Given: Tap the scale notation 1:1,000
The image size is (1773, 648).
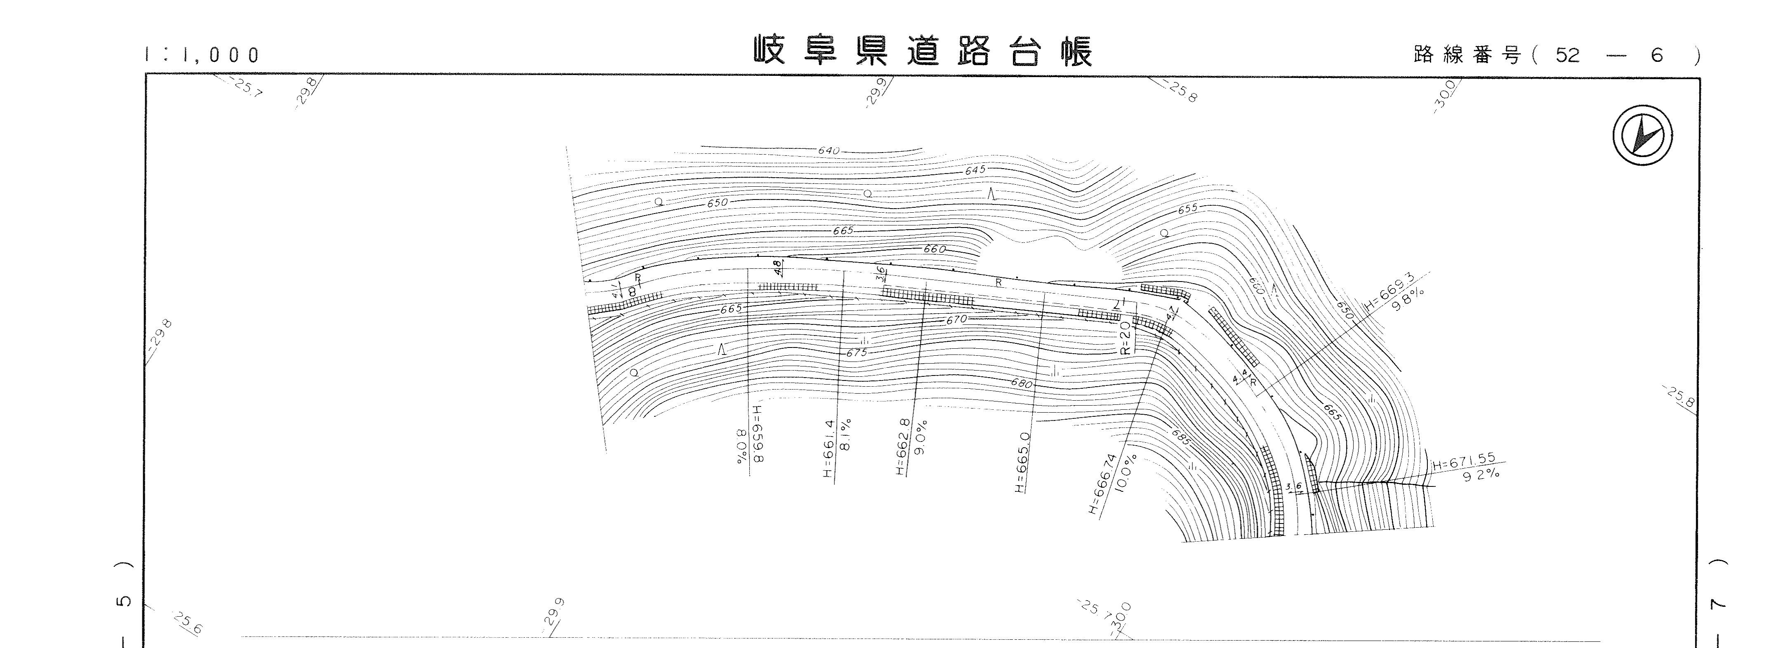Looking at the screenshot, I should click(x=202, y=55).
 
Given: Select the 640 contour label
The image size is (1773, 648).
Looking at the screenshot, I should click(x=829, y=150).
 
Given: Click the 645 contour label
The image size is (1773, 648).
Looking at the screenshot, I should click(x=975, y=170).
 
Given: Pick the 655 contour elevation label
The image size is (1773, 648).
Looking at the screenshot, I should click(x=1187, y=209).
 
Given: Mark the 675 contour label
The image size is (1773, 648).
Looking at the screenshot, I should click(x=857, y=353).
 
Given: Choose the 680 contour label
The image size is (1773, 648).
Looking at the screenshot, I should click(x=1022, y=384).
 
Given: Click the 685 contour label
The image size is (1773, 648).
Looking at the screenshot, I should click(x=1180, y=437).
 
